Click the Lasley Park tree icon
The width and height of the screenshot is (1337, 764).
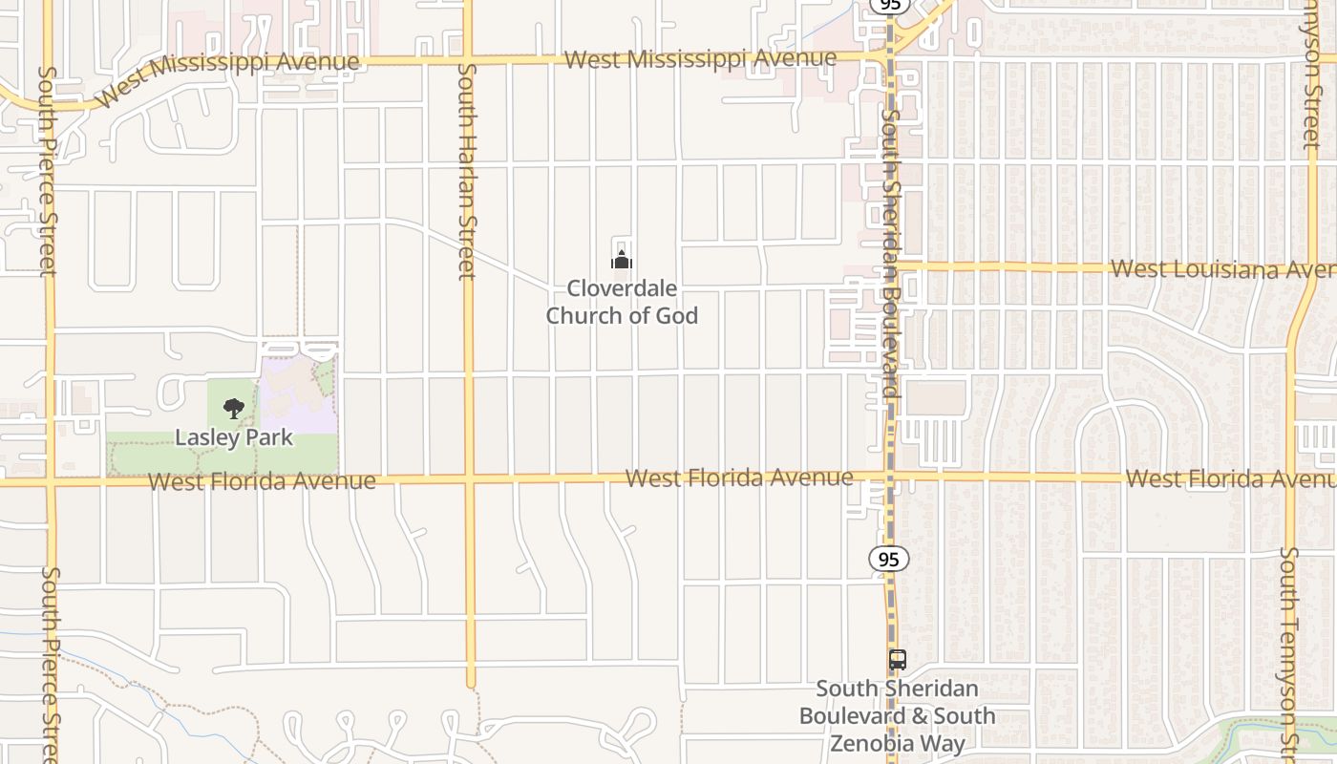coord(233,410)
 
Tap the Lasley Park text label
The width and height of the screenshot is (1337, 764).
coord(233,437)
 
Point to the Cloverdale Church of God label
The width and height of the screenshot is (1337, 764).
coord(622,302)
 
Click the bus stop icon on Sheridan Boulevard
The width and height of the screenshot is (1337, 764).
coord(897,659)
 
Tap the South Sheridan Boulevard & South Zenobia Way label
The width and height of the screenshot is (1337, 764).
coord(897,715)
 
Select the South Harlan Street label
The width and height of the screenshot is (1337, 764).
coord(467,172)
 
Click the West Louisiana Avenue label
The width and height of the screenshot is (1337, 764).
coord(1222,268)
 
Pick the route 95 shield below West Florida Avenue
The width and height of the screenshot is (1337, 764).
coord(889,559)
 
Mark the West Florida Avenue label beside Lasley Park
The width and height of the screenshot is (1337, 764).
coord(262,480)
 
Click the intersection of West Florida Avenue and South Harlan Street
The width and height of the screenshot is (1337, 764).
coord(469,478)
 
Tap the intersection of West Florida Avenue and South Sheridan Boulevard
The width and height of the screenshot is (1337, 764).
coord(890,476)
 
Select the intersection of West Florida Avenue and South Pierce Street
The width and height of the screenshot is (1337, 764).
coord(50,482)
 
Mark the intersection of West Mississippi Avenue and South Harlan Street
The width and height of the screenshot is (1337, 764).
coord(468,60)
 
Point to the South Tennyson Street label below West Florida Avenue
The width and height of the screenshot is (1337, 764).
coord(1289,649)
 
